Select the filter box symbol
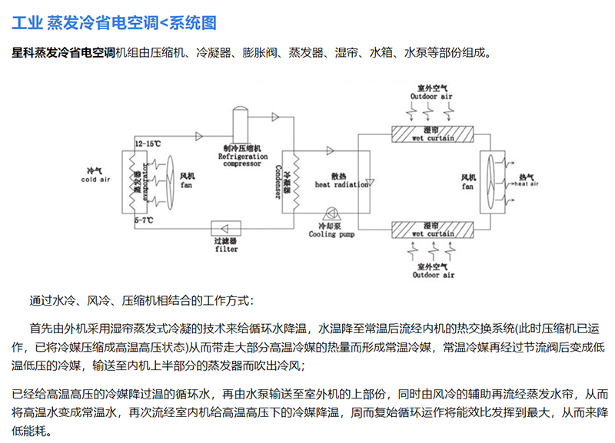[x=227, y=228]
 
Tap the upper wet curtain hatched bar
[x=433, y=134]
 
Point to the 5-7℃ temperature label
[x=143, y=220]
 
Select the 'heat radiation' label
[x=338, y=185]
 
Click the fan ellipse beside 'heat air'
[x=490, y=182]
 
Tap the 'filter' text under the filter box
[x=227, y=249]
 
